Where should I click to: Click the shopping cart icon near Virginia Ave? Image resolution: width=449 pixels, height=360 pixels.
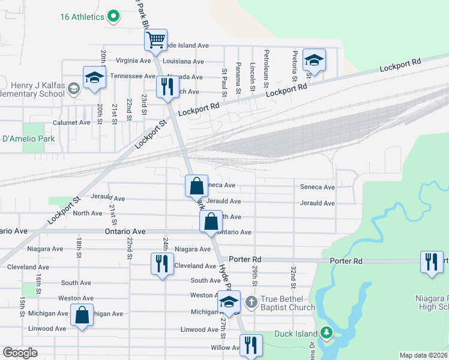click(155, 41)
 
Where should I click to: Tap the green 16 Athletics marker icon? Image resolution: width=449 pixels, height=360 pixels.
click(113, 17)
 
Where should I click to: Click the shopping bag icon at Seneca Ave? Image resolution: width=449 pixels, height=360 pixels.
click(197, 185)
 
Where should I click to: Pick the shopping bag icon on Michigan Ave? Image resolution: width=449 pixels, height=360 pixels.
click(82, 314)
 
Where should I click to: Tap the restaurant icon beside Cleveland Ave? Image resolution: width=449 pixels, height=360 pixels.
click(161, 264)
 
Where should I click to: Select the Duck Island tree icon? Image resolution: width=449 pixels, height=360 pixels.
click(326, 332)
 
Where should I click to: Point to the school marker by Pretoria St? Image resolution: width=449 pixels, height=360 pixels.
click(313, 60)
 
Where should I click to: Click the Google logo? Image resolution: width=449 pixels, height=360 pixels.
click(20, 353)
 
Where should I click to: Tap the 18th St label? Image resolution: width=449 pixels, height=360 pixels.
click(79, 247)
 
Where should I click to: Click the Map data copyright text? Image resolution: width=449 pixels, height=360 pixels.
click(423, 355)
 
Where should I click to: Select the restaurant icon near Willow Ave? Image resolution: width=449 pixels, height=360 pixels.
click(250, 345)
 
